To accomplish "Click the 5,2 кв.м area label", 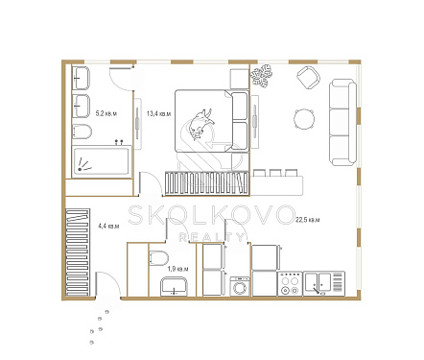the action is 106,113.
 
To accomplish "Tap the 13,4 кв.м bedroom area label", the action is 158,113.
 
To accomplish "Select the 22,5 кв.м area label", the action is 308,220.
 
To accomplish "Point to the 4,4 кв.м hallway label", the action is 108,226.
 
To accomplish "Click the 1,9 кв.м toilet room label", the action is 177,269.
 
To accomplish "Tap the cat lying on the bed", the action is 200,124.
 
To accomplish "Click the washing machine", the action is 240,286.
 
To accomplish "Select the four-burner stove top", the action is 290,283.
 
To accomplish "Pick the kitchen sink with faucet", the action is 324,283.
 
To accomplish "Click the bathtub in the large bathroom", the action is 102,161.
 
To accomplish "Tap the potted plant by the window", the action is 262,75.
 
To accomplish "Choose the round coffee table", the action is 304,119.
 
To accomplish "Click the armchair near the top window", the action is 308,78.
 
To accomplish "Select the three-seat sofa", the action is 343,122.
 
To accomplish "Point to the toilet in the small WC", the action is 158,258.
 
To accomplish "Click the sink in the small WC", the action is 174,286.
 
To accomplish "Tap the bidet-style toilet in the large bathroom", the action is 82,132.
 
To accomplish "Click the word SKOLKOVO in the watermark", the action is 211,215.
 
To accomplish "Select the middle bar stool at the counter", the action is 275,173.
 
